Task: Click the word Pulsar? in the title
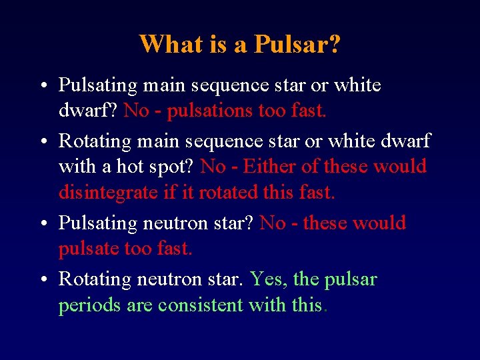[x=298, y=45]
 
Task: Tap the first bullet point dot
[x=42, y=86]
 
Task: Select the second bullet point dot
[x=42, y=141]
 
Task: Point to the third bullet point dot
[x=42, y=224]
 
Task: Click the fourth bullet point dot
[x=42, y=279]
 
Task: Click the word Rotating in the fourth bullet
[x=93, y=279]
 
